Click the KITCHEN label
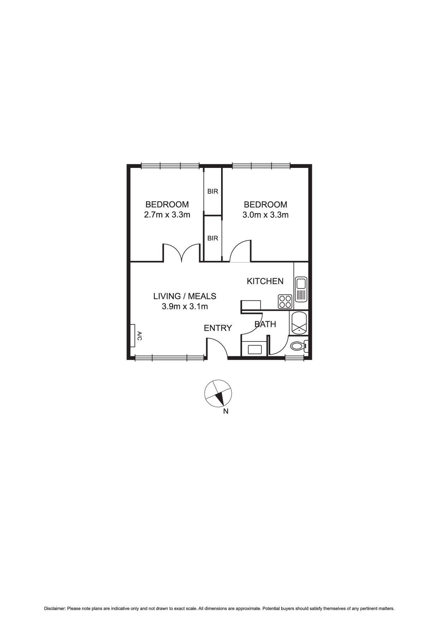tap(265, 281)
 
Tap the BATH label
tap(265, 324)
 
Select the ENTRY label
tap(218, 328)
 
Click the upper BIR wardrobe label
tap(213, 191)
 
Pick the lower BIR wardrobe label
tap(213, 238)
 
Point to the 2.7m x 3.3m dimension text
tap(167, 215)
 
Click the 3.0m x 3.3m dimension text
tap(265, 215)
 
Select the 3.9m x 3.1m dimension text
tap(185, 306)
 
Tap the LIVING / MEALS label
tap(185, 296)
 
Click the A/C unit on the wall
tap(133, 336)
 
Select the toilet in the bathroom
tap(297, 346)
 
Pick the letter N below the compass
tap(226, 411)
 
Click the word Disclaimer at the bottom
tap(55, 608)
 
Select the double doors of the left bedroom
tap(182, 252)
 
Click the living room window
tap(170, 358)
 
